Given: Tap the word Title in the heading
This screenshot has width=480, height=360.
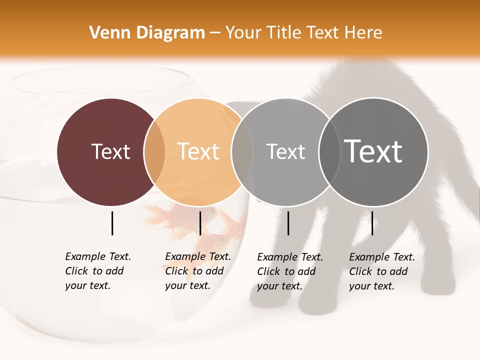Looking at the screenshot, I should (288, 33).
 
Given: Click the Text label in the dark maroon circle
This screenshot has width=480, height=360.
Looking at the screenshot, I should (110, 151).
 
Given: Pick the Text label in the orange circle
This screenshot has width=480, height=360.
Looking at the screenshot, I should (198, 151).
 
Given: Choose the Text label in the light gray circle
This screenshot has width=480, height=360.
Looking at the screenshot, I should (285, 151).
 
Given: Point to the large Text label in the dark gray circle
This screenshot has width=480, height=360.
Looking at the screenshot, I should (373, 151).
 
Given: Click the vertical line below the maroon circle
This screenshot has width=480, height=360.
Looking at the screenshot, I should (112, 223).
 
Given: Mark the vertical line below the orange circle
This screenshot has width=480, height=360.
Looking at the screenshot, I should (200, 223).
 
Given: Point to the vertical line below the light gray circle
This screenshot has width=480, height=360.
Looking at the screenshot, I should (288, 223).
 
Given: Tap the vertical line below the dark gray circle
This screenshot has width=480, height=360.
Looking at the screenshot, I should (372, 223).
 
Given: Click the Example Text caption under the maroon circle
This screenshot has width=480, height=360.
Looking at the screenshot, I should (97, 271).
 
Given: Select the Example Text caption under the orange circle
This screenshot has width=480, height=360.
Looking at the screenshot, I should (197, 271).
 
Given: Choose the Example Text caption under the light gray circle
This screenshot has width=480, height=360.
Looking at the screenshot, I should (289, 271).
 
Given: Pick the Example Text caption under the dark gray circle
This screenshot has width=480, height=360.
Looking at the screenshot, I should (381, 271).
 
